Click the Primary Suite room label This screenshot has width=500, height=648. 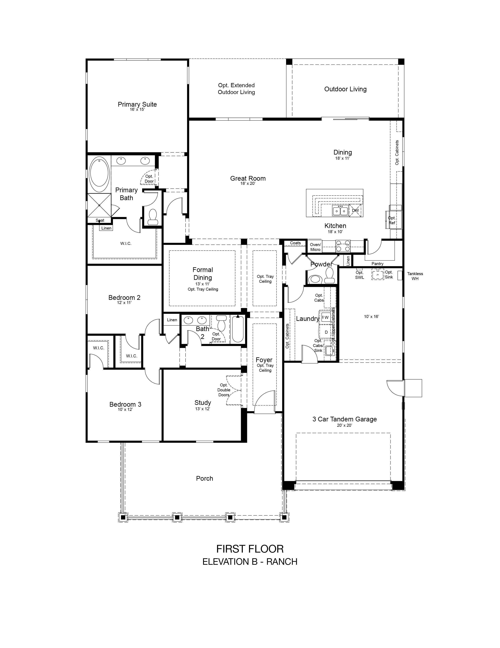(x=137, y=104)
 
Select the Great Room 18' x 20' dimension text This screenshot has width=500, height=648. (x=248, y=184)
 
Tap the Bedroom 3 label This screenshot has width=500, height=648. (x=125, y=404)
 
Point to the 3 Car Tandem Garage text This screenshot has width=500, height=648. (x=345, y=419)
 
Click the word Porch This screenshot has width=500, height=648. (x=204, y=479)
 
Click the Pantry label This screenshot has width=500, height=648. (x=377, y=264)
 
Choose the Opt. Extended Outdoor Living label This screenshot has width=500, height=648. (x=236, y=89)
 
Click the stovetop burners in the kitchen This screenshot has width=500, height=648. (x=343, y=246)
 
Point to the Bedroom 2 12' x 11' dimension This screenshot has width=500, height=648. (x=124, y=303)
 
